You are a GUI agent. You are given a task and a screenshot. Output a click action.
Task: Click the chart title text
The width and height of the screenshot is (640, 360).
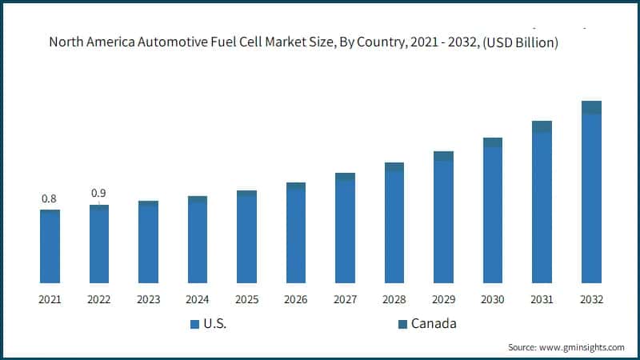303,42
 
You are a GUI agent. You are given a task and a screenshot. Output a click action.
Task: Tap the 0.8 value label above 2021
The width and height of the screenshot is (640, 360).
49,198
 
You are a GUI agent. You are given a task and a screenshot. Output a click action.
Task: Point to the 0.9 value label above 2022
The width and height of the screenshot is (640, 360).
98,193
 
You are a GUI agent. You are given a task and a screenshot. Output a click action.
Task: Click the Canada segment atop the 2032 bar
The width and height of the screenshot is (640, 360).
591,107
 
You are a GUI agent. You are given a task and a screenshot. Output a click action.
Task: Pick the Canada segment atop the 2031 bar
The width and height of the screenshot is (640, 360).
542,126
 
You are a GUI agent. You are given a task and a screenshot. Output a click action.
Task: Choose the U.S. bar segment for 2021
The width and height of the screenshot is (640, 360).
50,247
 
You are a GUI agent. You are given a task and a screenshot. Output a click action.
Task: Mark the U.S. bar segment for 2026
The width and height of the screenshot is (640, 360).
296,236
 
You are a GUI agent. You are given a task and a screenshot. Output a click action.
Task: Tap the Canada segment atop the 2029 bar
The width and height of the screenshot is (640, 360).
444,156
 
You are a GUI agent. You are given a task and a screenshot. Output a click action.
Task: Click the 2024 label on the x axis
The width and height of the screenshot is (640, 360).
198,299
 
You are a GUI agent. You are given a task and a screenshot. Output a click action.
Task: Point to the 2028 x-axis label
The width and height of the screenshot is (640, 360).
394,299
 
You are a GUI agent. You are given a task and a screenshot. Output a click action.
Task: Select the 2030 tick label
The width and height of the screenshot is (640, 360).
493,299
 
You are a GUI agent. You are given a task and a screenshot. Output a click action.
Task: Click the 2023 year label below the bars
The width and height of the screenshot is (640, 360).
148,299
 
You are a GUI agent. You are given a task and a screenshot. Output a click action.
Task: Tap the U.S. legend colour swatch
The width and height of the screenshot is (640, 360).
194,324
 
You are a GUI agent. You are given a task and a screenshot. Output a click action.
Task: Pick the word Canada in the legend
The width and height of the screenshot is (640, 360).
434,324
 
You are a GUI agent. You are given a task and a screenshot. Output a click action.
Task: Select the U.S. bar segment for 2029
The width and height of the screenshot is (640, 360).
444,222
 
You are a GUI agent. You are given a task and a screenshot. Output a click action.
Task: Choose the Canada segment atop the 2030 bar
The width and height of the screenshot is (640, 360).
493,142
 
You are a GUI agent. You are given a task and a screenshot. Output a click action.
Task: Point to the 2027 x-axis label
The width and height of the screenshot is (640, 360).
346,299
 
